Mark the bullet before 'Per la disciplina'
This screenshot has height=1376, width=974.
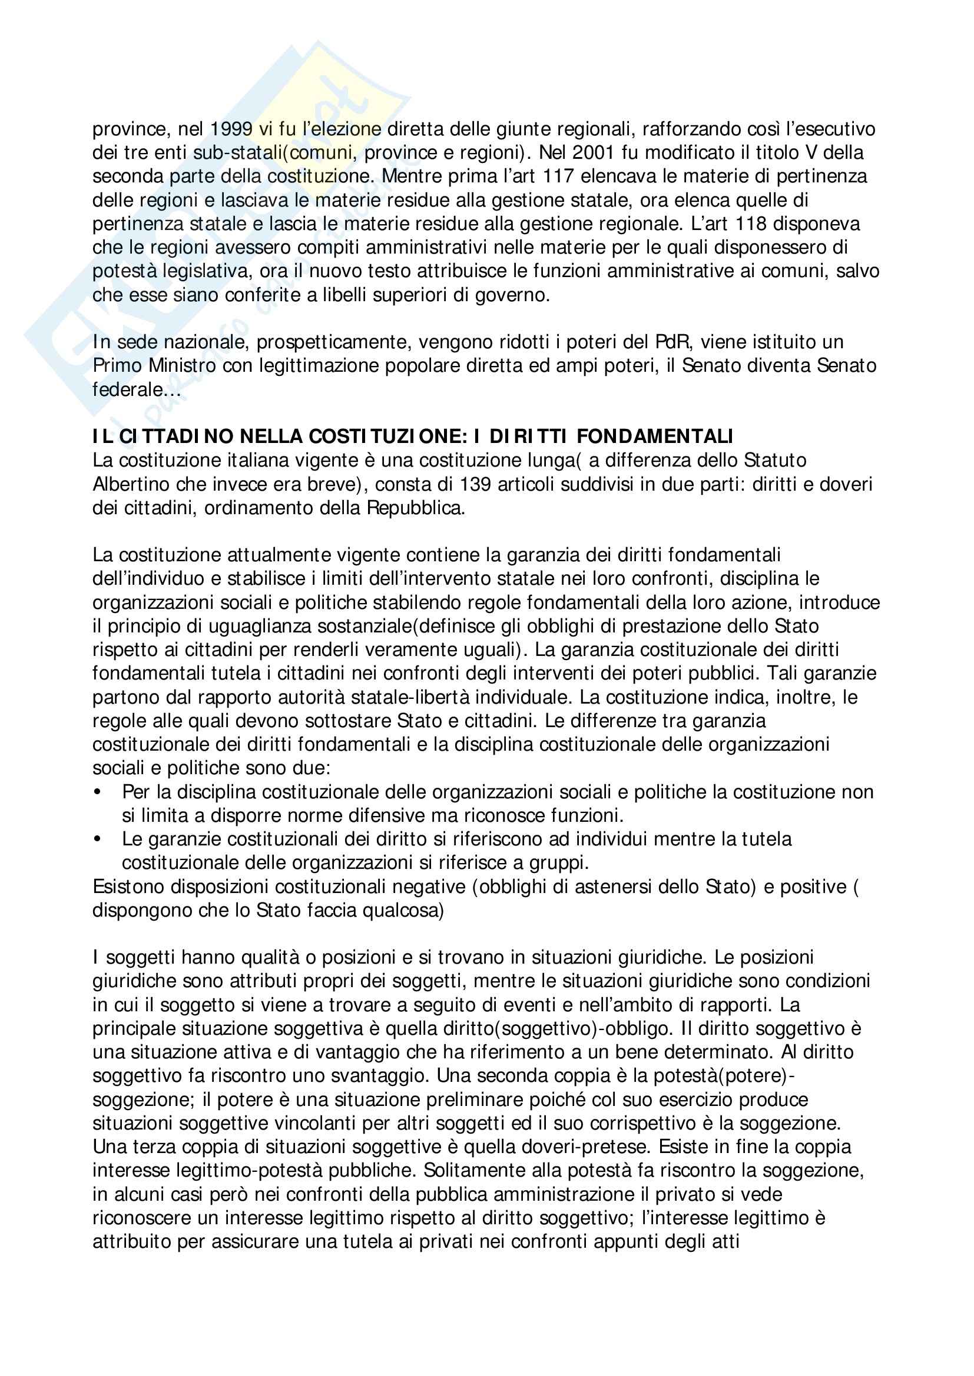pyautogui.click(x=97, y=792)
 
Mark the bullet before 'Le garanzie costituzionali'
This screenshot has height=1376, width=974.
pyautogui.click(x=97, y=839)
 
